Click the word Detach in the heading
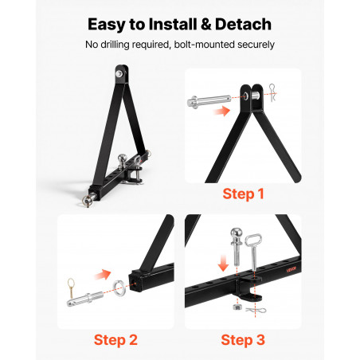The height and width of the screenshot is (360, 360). tap(243, 24)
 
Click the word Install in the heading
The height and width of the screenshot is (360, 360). tap(173, 24)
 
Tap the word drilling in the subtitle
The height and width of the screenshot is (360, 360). tap(115, 45)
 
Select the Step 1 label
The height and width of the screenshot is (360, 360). tap(243, 194)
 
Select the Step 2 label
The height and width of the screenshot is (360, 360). tap(115, 340)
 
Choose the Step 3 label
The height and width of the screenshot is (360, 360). tap(243, 340)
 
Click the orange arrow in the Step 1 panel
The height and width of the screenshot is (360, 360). tap(222, 111)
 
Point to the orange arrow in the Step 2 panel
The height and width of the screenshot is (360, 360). tap(103, 275)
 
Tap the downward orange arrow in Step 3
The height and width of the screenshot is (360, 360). tap(223, 263)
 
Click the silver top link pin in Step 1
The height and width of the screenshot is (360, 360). tap(209, 101)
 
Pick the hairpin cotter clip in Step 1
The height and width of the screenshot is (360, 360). tap(272, 92)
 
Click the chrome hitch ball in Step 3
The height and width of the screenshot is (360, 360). tap(237, 247)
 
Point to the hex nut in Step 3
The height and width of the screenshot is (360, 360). tap(237, 307)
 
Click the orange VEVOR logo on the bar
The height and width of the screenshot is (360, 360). tap(292, 269)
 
